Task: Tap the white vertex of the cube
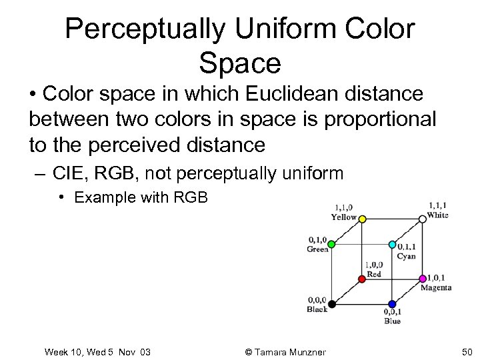click(x=422, y=218)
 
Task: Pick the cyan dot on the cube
click(x=392, y=244)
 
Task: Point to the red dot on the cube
click(x=362, y=277)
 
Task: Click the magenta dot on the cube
click(x=422, y=277)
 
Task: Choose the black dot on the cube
click(x=331, y=304)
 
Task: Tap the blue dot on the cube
click(x=392, y=304)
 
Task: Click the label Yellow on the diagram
click(x=344, y=217)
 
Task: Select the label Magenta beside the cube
click(x=436, y=288)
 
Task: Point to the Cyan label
click(x=405, y=256)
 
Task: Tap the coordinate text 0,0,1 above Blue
click(x=392, y=312)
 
